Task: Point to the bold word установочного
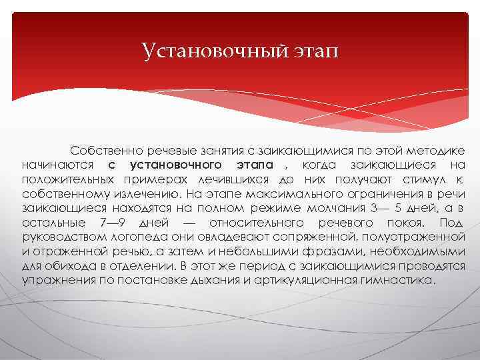(176, 165)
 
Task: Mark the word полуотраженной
(413, 238)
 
